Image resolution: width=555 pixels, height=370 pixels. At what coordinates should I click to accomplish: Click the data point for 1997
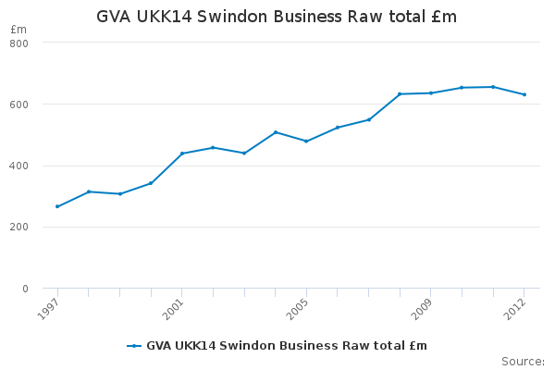pyautogui.click(x=57, y=206)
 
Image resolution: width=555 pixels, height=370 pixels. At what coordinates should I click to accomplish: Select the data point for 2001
pyautogui.click(x=182, y=154)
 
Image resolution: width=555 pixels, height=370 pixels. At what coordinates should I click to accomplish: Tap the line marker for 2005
pyautogui.click(x=306, y=142)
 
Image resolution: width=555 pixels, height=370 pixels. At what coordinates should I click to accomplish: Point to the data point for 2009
pyautogui.click(x=431, y=92)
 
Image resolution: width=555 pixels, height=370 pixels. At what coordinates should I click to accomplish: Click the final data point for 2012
pyautogui.click(x=524, y=94)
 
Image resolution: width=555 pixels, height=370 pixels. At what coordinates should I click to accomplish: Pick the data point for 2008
pyautogui.click(x=400, y=93)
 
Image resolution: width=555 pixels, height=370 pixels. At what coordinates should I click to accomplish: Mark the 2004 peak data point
pyautogui.click(x=276, y=132)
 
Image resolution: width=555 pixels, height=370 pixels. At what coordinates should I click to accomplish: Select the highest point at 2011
pyautogui.click(x=493, y=87)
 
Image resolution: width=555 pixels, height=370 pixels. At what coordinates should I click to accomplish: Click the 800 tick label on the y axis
pyautogui.click(x=19, y=43)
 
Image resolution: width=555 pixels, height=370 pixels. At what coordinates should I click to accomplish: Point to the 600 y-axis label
pyautogui.click(x=19, y=105)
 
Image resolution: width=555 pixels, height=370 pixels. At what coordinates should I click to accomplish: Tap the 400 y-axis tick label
pyautogui.click(x=19, y=166)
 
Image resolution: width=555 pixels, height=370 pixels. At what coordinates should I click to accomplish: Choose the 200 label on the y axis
pyautogui.click(x=19, y=228)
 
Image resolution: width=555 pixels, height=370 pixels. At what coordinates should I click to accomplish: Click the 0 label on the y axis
pyautogui.click(x=25, y=289)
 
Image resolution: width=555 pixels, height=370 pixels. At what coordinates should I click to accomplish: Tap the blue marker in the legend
pyautogui.click(x=135, y=346)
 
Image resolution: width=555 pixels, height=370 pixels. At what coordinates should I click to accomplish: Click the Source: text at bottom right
pyautogui.click(x=523, y=361)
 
